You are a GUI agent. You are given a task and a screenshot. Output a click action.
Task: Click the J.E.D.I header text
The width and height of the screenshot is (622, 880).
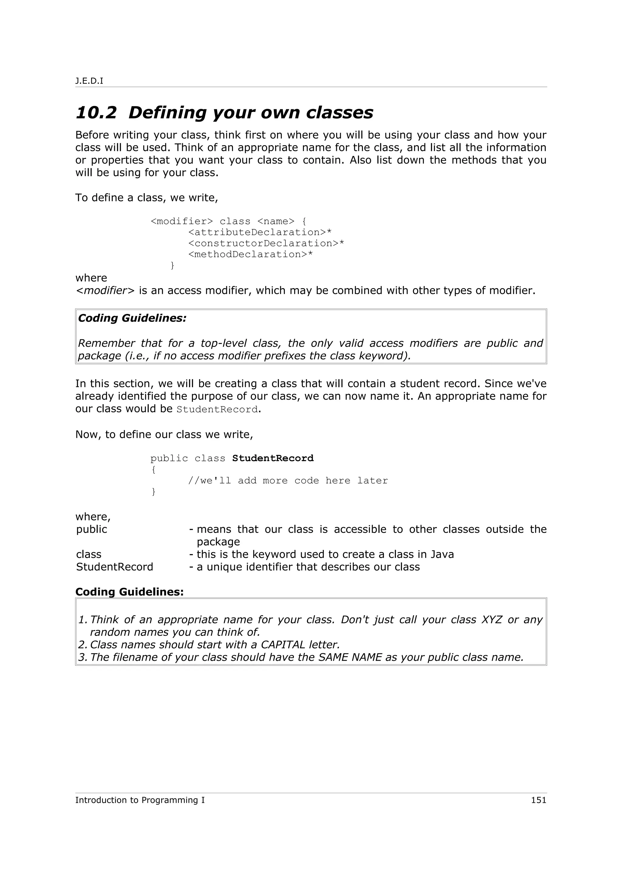coord(89,81)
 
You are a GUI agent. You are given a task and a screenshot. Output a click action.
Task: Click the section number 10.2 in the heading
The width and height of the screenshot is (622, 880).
coord(96,113)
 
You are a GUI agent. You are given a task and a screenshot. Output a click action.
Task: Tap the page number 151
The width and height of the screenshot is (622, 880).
coord(538,800)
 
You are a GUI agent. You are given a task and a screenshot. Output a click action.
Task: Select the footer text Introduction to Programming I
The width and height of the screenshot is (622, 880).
coord(140,800)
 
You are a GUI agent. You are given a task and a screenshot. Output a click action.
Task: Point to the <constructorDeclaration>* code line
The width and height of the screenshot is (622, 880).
coord(266,243)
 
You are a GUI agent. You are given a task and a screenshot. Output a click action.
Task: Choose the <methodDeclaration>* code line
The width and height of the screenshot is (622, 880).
coord(251,254)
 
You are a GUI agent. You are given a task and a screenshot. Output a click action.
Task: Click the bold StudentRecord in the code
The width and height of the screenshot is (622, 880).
coord(273,459)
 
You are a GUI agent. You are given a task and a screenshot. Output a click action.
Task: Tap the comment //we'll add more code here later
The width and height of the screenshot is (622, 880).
coord(288,481)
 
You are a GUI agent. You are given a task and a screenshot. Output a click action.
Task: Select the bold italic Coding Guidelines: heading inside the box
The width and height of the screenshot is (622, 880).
coord(132,318)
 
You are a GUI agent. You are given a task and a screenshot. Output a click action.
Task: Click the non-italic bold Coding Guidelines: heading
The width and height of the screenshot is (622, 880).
coord(130,592)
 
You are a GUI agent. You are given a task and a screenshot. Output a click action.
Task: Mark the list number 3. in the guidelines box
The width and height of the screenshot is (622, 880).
coord(83,657)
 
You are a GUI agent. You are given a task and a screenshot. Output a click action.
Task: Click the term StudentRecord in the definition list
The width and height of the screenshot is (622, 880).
coord(114,567)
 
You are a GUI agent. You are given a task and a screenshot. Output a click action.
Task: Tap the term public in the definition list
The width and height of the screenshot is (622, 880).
coord(92,529)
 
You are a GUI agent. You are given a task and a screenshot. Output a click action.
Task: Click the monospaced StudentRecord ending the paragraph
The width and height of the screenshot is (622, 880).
coord(217,409)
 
